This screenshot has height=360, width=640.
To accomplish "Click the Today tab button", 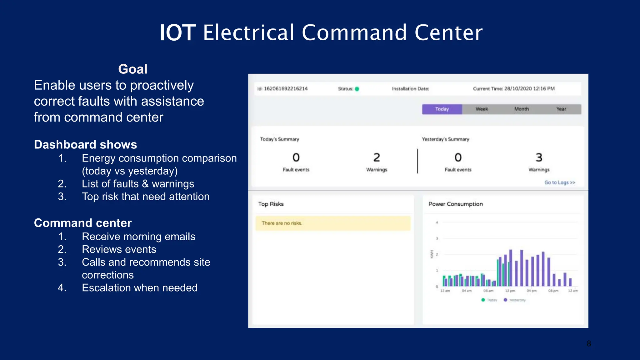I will (442, 109).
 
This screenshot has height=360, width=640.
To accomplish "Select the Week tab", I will (482, 109).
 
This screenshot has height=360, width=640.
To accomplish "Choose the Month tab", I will (522, 109).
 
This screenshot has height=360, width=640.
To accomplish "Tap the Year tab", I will (561, 109).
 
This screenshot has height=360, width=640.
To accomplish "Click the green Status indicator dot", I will (357, 89).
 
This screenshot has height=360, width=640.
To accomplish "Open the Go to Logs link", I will (559, 182).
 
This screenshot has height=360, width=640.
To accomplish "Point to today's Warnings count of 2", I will (377, 157).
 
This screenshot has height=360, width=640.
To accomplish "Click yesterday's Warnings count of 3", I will (539, 157).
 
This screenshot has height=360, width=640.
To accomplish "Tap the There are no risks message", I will (282, 223).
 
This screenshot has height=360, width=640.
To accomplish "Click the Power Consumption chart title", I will (455, 204).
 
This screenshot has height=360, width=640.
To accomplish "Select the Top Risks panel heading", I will (271, 204).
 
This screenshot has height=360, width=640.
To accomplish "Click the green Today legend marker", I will (483, 300).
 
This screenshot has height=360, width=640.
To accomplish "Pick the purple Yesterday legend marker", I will (505, 300).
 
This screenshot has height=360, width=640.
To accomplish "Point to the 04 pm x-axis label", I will (532, 291).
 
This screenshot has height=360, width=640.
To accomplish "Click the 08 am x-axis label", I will (488, 291).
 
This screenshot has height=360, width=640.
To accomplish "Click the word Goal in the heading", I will (132, 69).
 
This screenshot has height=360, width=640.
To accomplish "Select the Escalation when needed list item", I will (139, 288).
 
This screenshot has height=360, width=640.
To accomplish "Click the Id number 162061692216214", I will (286, 89).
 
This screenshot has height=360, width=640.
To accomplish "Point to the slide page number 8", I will (589, 344).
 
